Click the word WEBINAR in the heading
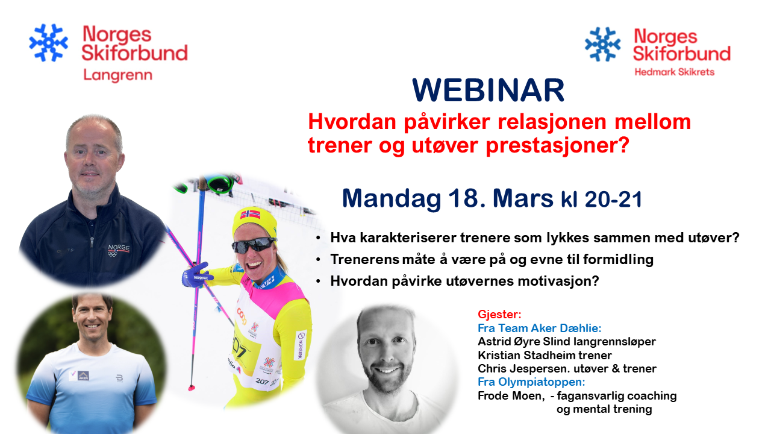[x=488, y=90]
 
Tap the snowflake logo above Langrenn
[x=49, y=43]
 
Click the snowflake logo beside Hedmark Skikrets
[x=603, y=45]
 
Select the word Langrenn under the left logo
[x=117, y=75]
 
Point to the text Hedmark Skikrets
[x=675, y=72]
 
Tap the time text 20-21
[x=614, y=199]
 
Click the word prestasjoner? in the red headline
[x=557, y=145]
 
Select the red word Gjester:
[x=499, y=315]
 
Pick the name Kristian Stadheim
[x=526, y=355]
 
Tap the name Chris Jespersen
[x=522, y=369]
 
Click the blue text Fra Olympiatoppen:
[x=531, y=382]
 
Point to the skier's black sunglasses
[x=254, y=245]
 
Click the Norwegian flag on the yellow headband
[x=250, y=214]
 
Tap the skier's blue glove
[x=197, y=275]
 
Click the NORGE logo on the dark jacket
[x=119, y=250]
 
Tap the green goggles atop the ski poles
[x=219, y=184]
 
